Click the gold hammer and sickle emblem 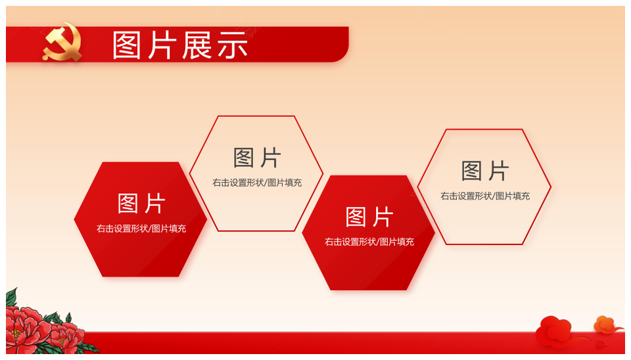tap(62, 43)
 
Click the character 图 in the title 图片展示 tap(127, 45)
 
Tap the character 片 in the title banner tap(162, 45)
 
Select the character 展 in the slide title tap(197, 45)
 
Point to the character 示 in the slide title tap(233, 45)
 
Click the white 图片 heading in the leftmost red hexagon tap(141, 203)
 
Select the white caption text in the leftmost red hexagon tap(141, 229)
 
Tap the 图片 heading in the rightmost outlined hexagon tap(485, 171)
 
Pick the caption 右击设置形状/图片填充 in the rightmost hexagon tap(485, 196)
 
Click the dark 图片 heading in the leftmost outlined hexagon tap(257, 157)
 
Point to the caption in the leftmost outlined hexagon tap(257, 183)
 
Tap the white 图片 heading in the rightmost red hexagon tap(369, 217)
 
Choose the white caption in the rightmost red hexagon tap(369, 242)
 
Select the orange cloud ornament tap(606, 325)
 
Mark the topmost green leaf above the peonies tap(12, 297)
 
